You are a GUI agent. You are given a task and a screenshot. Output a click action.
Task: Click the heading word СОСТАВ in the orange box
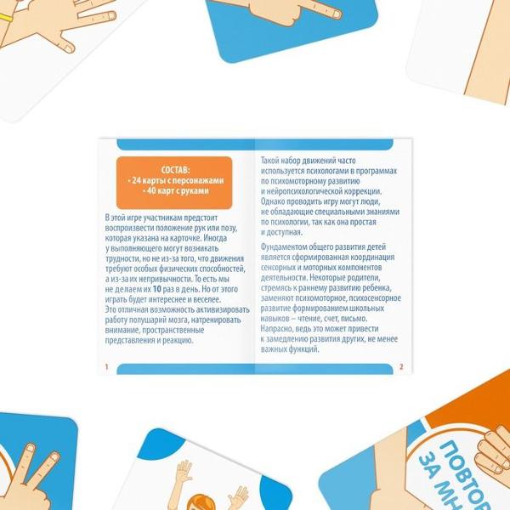175,170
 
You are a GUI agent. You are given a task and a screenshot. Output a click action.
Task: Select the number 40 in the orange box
151,190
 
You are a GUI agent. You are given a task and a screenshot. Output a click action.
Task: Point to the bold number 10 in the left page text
156,289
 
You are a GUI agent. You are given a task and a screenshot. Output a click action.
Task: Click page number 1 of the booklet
106,367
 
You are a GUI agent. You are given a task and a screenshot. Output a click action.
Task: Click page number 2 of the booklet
401,367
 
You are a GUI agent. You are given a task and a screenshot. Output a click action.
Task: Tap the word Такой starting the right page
270,161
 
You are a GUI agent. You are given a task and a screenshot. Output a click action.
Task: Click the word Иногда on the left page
215,238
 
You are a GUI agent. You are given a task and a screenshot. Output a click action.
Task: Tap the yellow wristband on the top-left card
6,17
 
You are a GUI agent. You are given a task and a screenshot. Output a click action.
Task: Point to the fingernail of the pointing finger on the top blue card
337,14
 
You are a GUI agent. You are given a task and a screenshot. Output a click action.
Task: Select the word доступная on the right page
284,232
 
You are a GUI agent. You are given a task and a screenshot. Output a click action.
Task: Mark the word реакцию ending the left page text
179,341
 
